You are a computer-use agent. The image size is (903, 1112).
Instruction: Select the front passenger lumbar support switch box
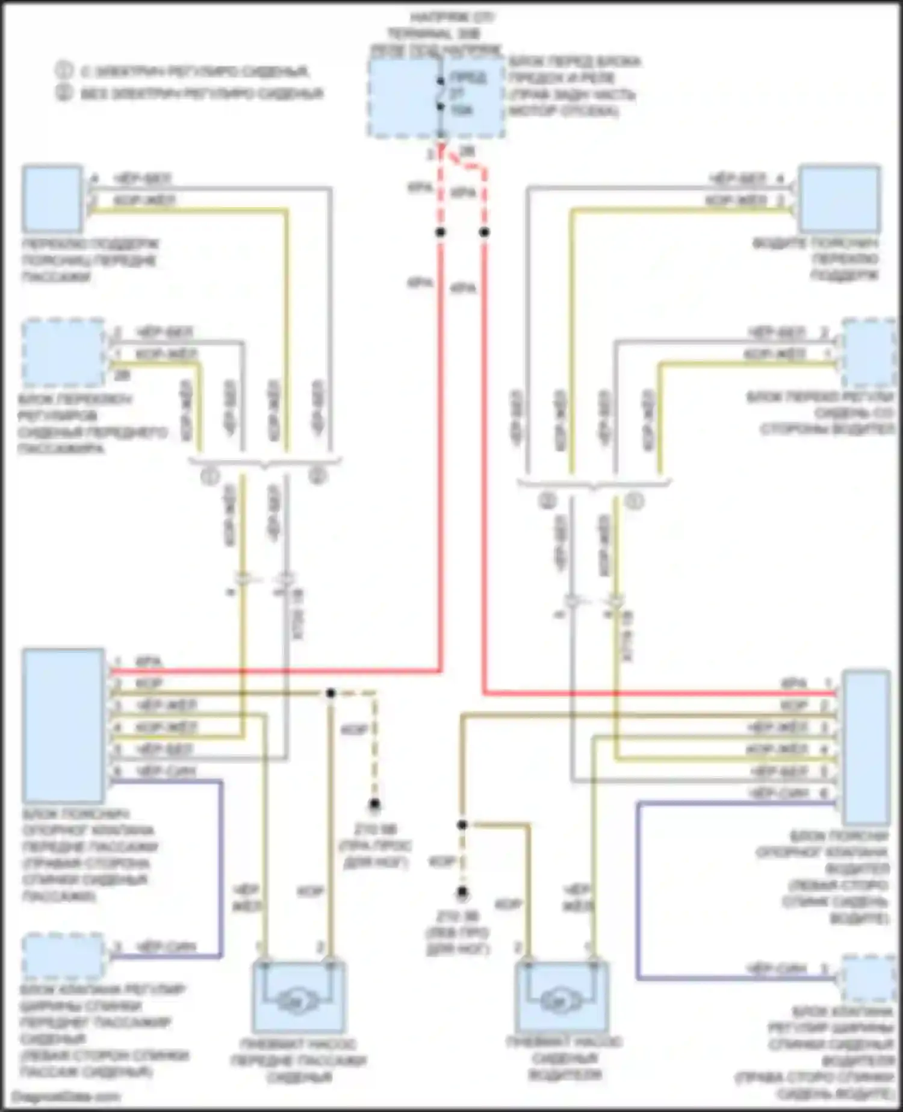point(52,199)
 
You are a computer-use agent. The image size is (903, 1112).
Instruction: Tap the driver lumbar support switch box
point(839,198)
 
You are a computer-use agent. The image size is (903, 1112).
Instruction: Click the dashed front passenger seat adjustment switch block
point(64,354)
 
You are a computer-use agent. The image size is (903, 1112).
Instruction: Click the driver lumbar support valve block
point(866,747)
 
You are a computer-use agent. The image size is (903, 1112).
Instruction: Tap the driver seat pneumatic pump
point(561,997)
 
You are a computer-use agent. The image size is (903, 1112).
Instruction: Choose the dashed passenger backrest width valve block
point(63,957)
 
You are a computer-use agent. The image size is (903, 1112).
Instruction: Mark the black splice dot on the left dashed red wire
point(441,232)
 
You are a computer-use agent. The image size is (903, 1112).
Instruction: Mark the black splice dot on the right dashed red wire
point(485,232)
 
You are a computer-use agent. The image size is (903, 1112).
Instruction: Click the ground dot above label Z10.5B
point(374,804)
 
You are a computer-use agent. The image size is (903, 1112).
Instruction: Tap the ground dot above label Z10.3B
point(462,892)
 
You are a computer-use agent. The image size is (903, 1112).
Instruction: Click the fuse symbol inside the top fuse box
point(441,93)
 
